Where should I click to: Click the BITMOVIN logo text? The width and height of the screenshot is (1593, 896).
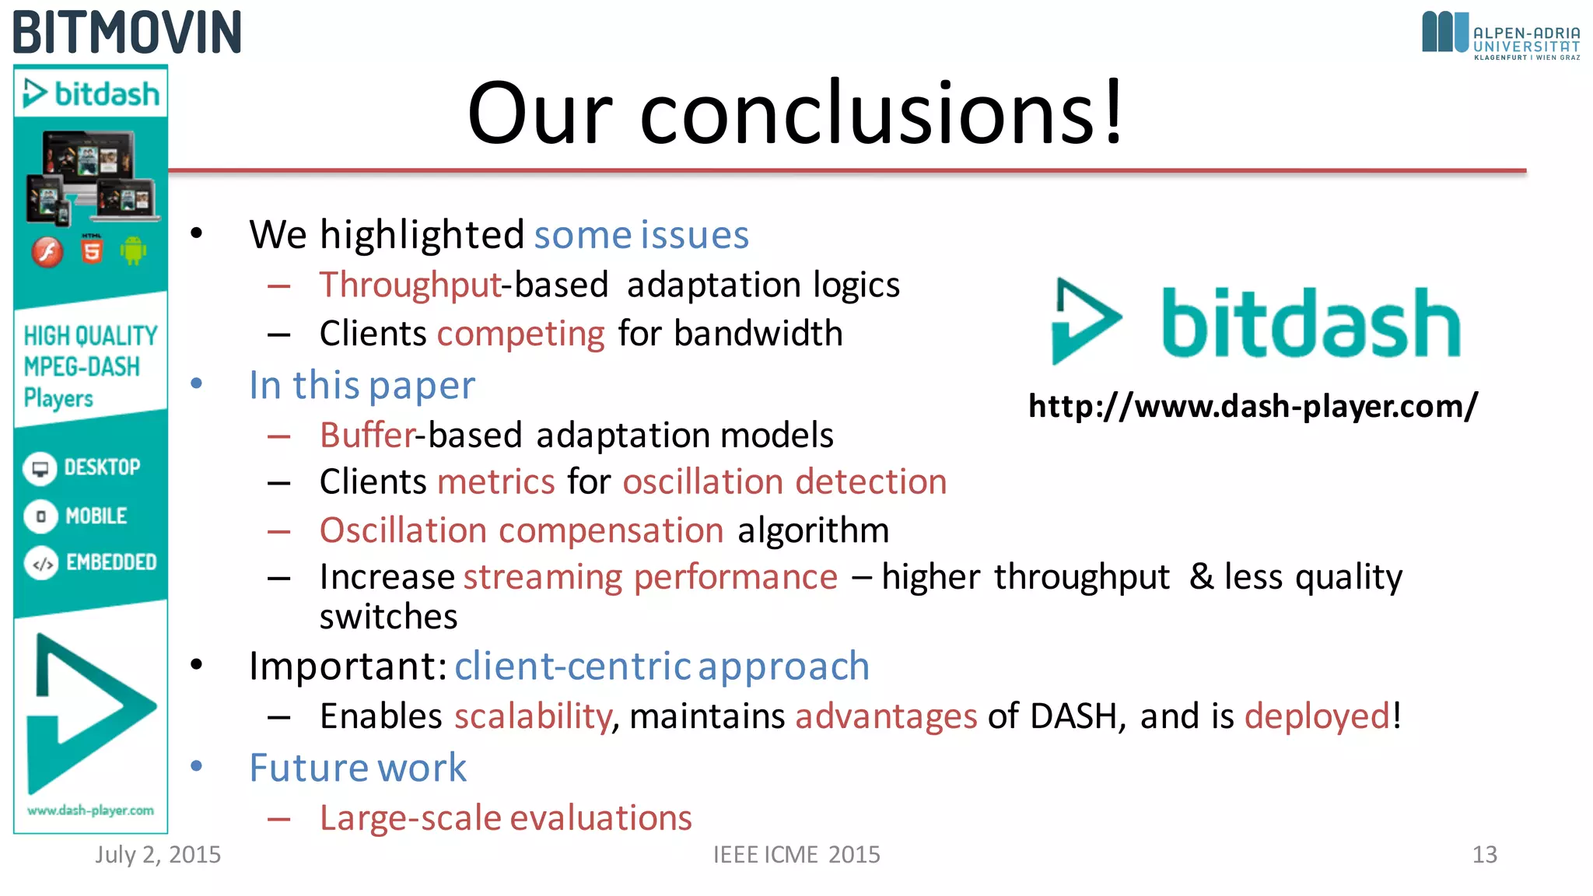tap(127, 33)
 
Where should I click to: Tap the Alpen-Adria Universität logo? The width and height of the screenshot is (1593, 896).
tap(1500, 35)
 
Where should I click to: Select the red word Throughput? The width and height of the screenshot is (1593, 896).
tap(410, 285)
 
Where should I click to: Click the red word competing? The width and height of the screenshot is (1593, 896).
tap(520, 334)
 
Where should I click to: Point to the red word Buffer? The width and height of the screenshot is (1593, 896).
tap(367, 435)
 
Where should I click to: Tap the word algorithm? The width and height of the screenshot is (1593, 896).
tap(813, 530)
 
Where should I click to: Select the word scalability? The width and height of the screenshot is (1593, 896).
tap(533, 716)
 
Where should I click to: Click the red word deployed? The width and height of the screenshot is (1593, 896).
tap(1317, 716)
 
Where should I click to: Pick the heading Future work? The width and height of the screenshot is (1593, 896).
tap(358, 768)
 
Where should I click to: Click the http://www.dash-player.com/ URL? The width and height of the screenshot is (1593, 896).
tap(1252, 406)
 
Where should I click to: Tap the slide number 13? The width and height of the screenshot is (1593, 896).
tap(1484, 855)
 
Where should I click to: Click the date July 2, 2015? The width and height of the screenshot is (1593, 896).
tap(158, 855)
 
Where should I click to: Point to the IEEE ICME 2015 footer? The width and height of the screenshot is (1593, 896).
tap(796, 855)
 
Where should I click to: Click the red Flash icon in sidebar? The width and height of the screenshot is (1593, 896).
tap(47, 252)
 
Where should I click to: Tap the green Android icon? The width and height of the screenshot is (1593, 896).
tap(133, 250)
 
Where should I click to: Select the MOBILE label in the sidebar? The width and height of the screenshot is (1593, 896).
tap(96, 516)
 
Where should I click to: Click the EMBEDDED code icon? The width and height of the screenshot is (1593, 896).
tap(41, 563)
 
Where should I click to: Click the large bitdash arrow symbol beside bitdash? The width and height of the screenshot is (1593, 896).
tap(1084, 320)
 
